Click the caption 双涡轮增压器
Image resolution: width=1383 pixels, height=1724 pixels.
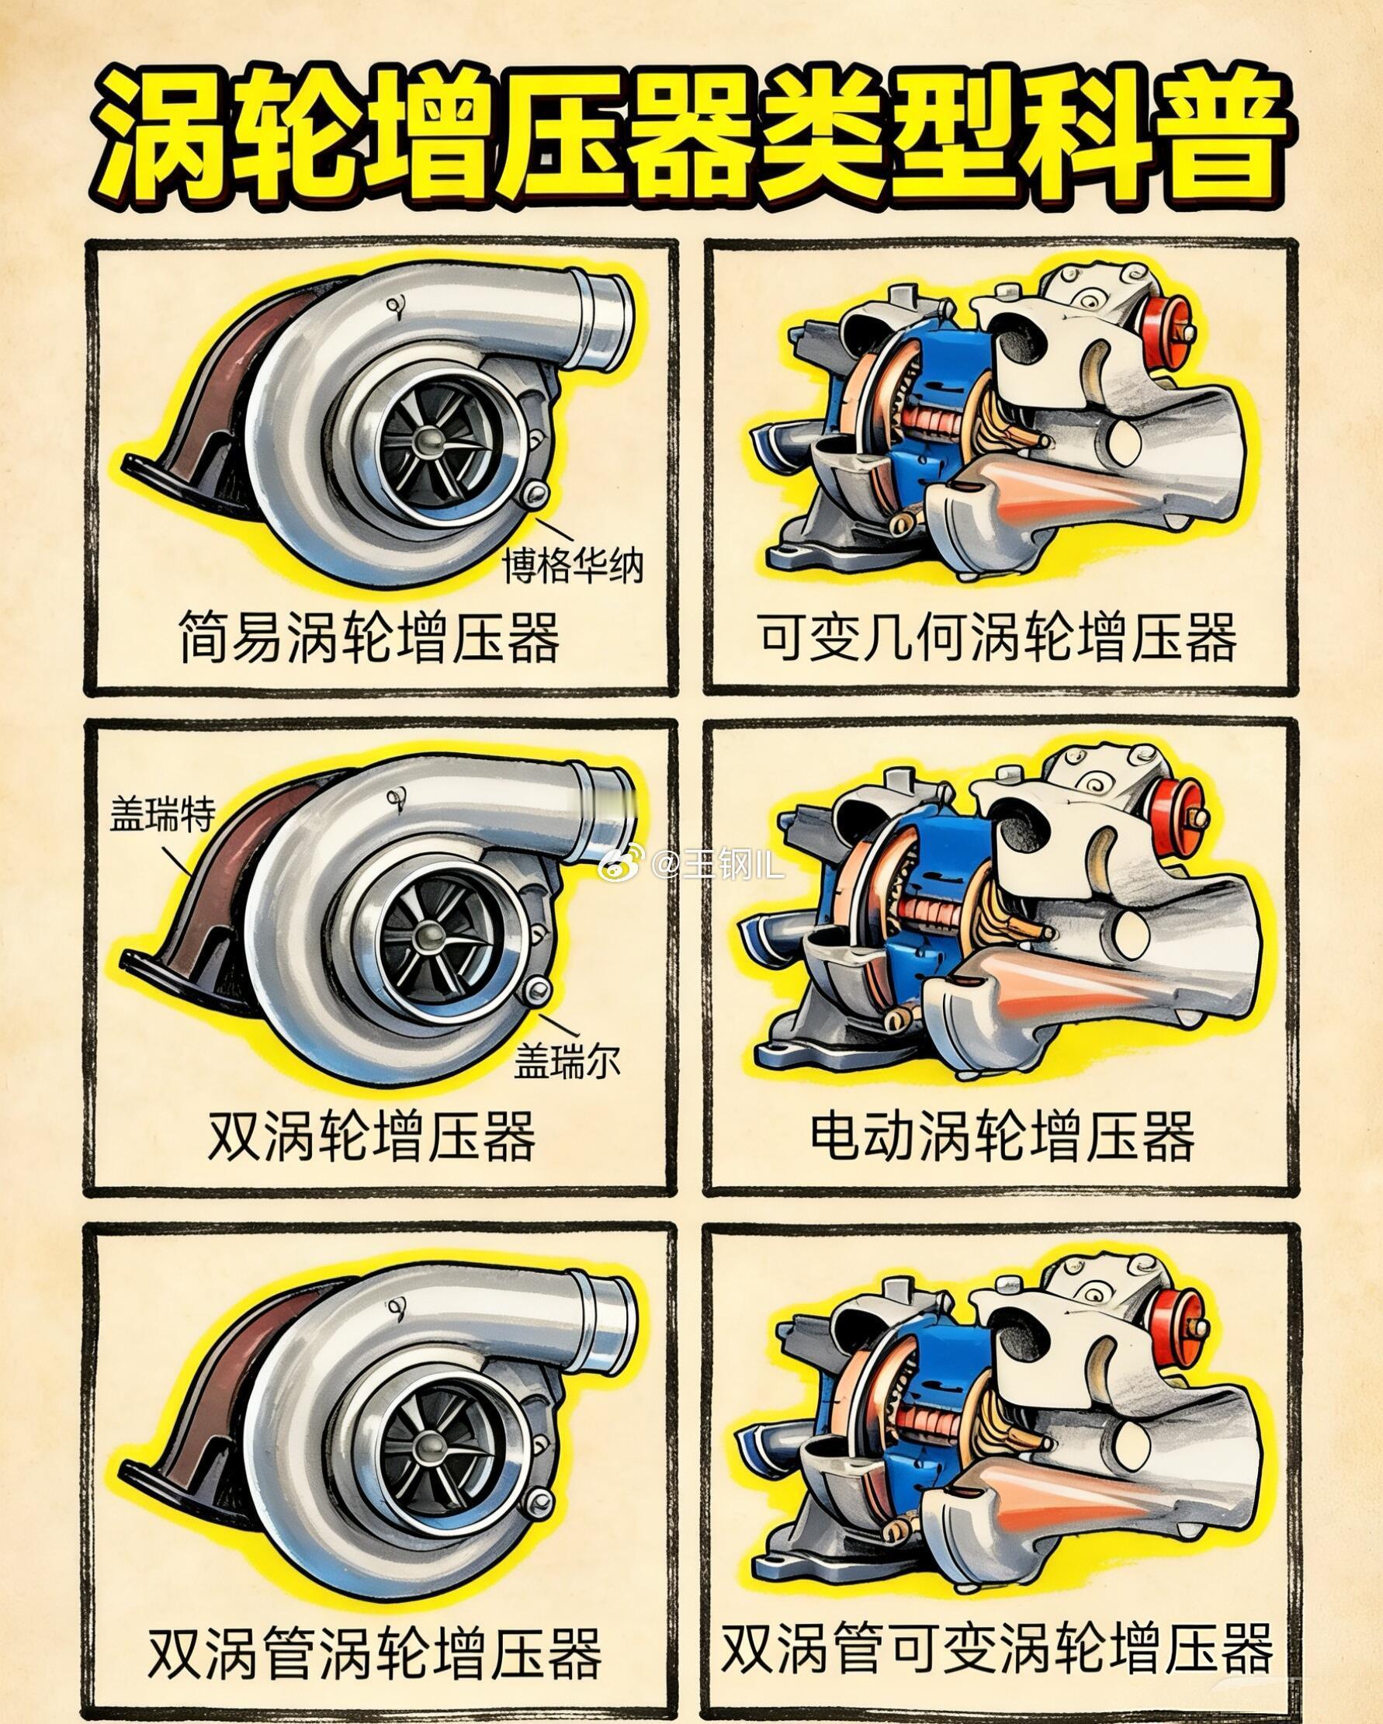pos(372,1136)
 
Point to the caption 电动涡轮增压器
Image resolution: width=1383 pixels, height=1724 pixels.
pos(1003,1136)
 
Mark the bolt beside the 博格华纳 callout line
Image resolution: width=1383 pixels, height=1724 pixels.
pos(533,495)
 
